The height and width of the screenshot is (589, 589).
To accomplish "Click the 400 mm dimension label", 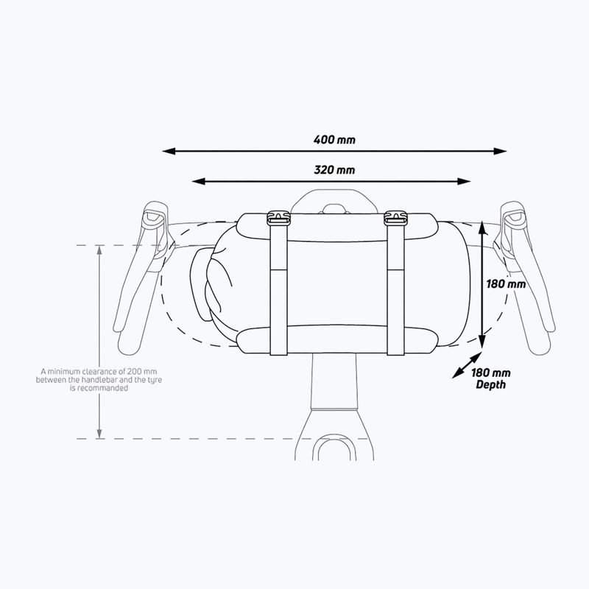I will coord(335,138).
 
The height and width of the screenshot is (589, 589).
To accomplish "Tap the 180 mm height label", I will coord(507,283).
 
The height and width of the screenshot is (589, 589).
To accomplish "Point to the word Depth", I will coord(490,385).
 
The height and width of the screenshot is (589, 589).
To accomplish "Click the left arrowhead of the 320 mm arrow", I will coord(197,181).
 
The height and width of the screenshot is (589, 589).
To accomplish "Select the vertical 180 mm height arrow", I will coord(481,283).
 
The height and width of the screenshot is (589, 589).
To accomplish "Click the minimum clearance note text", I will coord(80,380).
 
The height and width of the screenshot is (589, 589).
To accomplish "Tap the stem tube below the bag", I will coord(335,387).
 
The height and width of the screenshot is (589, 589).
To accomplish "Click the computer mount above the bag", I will coord(335,202).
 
